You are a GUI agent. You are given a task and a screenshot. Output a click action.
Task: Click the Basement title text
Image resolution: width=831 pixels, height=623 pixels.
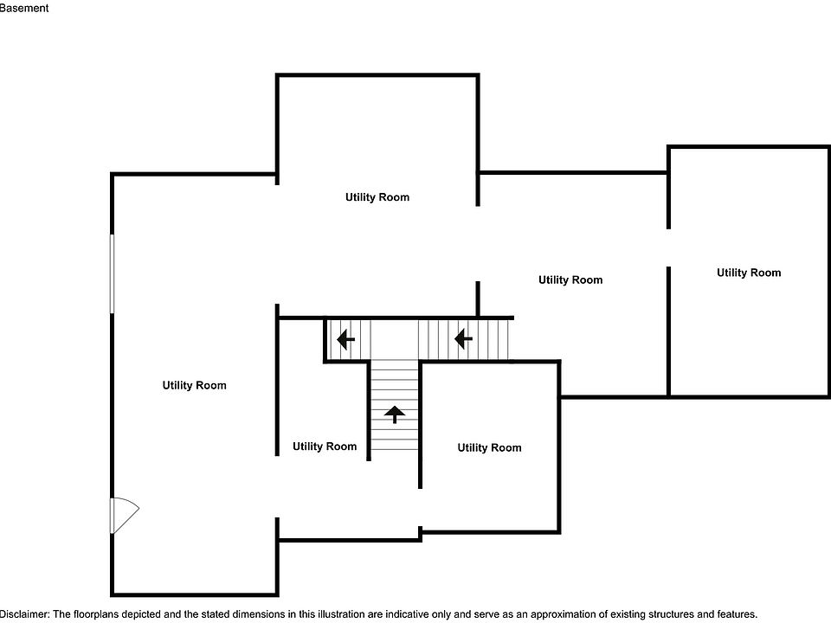click(x=23, y=8)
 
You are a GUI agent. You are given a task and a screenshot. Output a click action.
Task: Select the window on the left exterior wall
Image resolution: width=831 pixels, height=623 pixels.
click(x=112, y=273)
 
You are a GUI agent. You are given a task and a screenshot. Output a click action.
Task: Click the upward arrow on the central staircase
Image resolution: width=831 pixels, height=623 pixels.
click(x=395, y=414)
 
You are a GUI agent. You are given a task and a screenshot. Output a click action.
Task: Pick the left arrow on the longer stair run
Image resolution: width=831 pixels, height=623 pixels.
click(x=463, y=337)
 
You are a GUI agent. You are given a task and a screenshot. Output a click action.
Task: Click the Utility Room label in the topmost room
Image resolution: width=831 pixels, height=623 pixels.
click(x=377, y=197)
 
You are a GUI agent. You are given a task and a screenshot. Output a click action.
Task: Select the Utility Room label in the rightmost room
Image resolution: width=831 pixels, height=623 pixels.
click(x=748, y=273)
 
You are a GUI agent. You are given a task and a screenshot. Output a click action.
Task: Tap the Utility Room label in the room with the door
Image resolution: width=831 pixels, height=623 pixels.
click(x=194, y=385)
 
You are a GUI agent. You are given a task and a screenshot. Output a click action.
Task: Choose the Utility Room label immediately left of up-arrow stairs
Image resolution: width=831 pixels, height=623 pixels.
click(x=324, y=446)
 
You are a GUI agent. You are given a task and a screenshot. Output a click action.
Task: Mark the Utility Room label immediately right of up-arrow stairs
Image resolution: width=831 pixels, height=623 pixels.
click(x=489, y=447)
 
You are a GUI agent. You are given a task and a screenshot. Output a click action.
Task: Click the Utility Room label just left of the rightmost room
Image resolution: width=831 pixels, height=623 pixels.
click(x=570, y=279)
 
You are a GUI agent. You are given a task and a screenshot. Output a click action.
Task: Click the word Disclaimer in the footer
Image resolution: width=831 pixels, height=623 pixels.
click(x=24, y=613)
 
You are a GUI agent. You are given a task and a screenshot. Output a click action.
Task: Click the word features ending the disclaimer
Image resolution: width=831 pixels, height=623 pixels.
click(x=735, y=613)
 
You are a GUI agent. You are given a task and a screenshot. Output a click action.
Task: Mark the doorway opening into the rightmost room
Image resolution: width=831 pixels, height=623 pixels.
click(x=668, y=248)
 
